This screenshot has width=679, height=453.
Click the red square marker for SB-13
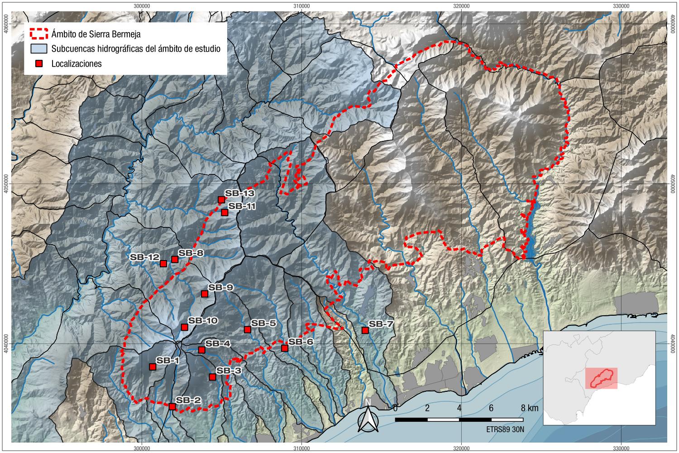point(221,200)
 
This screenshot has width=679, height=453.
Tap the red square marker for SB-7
point(365,331)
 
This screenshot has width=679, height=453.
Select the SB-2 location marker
point(172,406)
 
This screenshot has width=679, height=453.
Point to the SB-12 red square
point(163,263)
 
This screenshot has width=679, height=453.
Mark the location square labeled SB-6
point(284,348)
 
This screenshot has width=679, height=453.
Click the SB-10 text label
point(203,321)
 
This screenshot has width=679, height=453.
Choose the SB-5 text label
point(263,323)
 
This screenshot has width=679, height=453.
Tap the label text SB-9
point(220,288)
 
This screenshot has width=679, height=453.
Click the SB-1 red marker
point(153,367)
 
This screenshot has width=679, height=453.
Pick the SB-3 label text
point(229,371)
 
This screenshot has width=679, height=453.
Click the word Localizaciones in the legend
point(77,64)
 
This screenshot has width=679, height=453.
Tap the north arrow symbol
point(368,417)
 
